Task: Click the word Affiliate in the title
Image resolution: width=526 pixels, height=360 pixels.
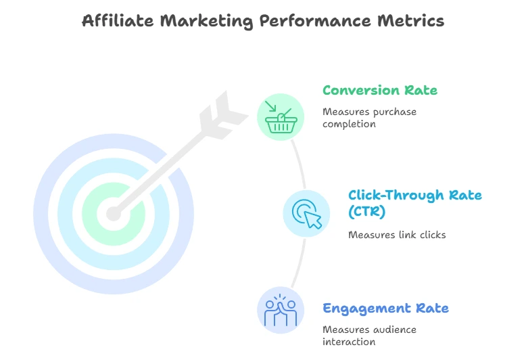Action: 118,20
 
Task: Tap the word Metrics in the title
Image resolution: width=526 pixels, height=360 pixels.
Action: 410,20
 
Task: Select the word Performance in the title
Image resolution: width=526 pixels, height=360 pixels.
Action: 315,20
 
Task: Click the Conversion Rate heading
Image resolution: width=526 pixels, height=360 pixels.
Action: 380,90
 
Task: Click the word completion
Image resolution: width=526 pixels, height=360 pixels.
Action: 349,125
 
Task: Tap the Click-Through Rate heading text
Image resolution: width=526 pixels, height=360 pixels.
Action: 415,195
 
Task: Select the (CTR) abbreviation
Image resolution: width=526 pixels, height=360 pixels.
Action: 366,212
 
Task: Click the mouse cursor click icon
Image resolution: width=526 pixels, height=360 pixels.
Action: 307,214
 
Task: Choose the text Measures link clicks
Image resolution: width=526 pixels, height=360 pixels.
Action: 397,235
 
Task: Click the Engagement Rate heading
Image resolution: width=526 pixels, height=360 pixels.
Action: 385,309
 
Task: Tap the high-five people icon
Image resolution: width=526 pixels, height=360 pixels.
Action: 281,311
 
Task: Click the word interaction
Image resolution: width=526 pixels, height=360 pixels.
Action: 349,342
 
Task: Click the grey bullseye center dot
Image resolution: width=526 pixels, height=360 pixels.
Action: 114,214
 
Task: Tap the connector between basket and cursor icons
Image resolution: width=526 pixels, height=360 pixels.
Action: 300,164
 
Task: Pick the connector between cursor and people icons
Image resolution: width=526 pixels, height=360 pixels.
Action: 300,263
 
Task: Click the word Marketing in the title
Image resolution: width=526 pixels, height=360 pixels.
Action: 206,21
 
